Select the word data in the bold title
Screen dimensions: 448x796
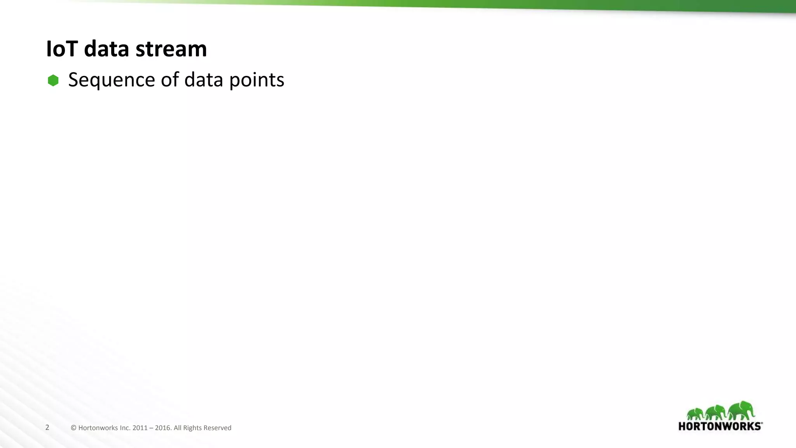point(106,49)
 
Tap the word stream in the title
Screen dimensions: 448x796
point(171,49)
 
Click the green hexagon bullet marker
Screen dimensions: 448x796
point(53,80)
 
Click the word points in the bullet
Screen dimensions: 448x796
point(257,80)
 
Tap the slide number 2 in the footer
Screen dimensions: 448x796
point(47,427)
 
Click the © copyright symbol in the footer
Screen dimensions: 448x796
point(73,428)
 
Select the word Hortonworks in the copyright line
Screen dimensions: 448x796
point(98,428)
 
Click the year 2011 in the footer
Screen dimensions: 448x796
point(140,428)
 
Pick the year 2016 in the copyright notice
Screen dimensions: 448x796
point(163,428)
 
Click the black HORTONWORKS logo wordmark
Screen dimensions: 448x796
point(720,426)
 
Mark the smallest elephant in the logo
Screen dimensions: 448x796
point(695,414)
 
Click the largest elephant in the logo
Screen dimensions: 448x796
point(741,410)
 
